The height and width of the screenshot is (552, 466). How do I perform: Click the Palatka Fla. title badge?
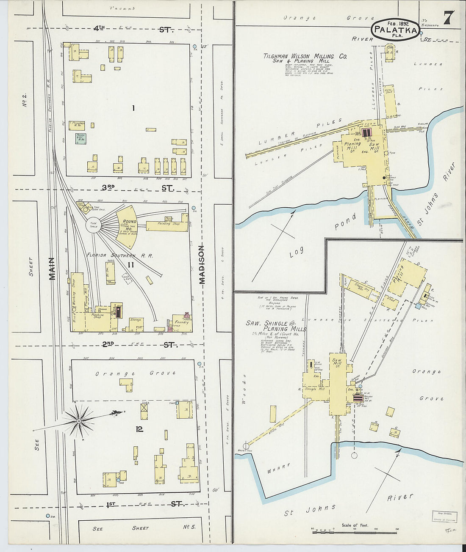tap(396, 30)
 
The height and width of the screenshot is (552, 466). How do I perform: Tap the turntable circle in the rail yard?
tap(93, 225)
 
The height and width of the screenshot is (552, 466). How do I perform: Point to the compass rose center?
tap(79, 421)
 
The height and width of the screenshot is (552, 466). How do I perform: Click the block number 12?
tap(139, 429)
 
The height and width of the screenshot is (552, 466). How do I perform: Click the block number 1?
tap(133, 108)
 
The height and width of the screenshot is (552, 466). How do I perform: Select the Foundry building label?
tap(182, 322)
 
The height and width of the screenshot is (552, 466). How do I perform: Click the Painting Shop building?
tap(168, 224)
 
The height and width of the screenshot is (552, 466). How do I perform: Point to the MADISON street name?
tap(202, 265)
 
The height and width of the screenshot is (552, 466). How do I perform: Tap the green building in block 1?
tap(80, 139)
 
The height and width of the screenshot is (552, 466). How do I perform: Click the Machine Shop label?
tap(97, 316)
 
